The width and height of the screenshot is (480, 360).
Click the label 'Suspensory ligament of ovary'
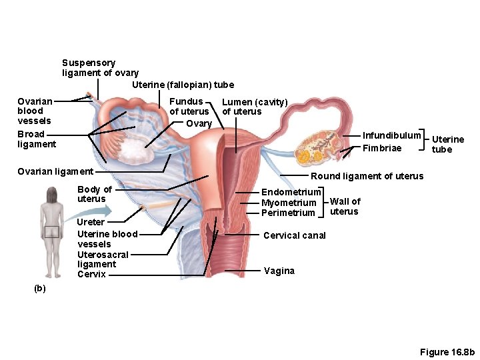[x=100, y=68]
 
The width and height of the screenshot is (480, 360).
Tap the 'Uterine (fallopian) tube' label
[x=183, y=85]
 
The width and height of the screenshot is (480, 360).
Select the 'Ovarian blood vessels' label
[x=35, y=111]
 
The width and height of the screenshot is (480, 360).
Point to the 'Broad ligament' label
[x=37, y=139]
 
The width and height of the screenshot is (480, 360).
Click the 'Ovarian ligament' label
[x=55, y=171]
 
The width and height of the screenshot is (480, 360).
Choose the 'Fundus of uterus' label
[x=189, y=107]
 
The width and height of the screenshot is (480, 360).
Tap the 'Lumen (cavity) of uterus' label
[x=254, y=107]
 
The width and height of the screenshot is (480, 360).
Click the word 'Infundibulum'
[x=391, y=135]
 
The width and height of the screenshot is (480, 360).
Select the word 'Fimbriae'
[x=382, y=148]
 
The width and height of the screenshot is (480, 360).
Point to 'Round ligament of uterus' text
[x=367, y=176]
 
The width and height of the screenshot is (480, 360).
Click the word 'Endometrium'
[x=291, y=192]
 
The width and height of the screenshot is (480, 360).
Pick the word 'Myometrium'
[x=289, y=203]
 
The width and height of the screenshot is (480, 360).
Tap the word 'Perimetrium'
[x=288, y=213]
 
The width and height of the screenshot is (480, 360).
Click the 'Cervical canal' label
[x=295, y=235]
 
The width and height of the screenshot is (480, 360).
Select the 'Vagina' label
[x=279, y=271]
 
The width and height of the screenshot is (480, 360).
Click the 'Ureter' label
[x=91, y=222]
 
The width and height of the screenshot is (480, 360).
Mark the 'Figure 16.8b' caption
[x=447, y=351]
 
